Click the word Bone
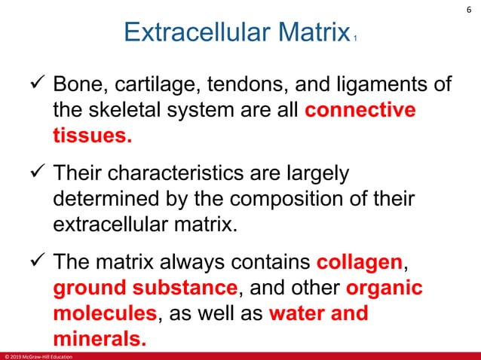click(77, 85)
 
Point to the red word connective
click(360, 110)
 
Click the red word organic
click(384, 289)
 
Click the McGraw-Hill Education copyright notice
click(38, 355)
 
